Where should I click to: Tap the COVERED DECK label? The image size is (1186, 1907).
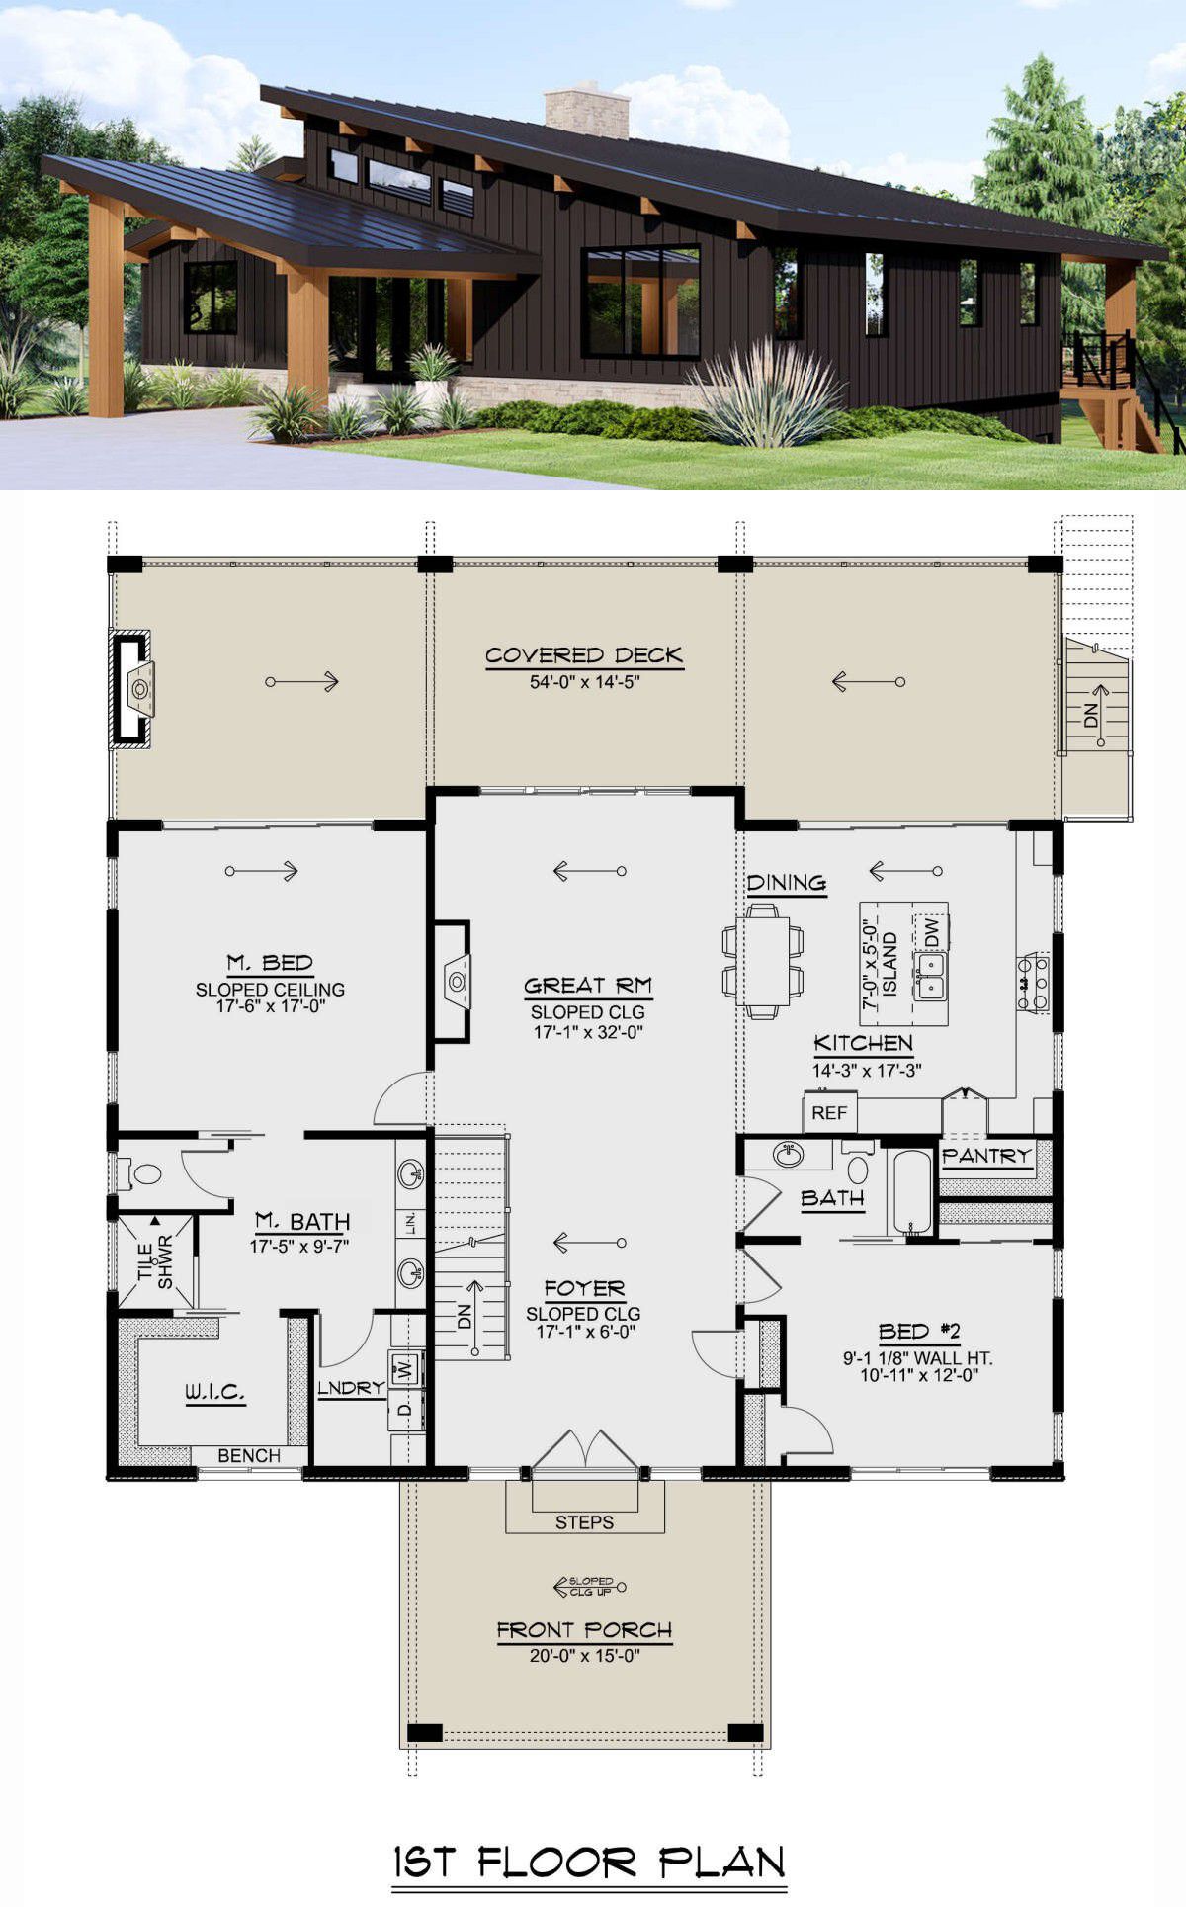click(584, 655)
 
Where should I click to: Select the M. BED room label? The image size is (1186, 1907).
click(270, 963)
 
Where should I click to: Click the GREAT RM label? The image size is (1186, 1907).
click(588, 986)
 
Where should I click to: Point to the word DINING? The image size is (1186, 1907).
click(787, 883)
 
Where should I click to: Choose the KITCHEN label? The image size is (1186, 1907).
click(863, 1043)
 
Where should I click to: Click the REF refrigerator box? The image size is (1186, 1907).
click(829, 1113)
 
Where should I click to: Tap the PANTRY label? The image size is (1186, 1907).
click(986, 1156)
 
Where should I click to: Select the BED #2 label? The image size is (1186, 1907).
click(919, 1332)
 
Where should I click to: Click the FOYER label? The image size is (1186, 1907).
click(584, 1289)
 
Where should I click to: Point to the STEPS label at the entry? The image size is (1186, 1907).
click(584, 1522)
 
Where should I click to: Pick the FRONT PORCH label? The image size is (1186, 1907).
click(584, 1630)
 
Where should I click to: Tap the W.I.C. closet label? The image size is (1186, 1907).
click(214, 1393)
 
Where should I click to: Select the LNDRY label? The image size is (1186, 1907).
click(351, 1388)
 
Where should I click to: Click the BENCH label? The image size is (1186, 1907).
click(249, 1455)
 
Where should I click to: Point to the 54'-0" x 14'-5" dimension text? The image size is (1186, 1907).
click(585, 682)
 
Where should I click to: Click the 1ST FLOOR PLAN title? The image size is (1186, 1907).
click(590, 1863)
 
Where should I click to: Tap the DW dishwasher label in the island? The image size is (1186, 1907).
click(931, 930)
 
